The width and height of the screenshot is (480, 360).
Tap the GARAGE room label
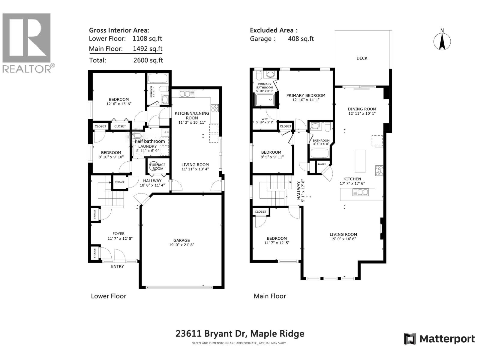(x=181, y=240)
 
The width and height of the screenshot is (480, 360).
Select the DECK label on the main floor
(x=362, y=58)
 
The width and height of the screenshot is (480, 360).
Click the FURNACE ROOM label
(x=158, y=166)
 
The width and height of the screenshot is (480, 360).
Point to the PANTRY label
(x=322, y=164)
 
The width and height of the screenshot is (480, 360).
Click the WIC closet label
(x=264, y=119)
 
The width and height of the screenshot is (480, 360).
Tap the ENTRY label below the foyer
(x=117, y=266)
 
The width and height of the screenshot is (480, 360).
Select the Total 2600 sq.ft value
(x=148, y=60)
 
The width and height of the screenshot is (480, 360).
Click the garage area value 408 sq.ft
(x=301, y=39)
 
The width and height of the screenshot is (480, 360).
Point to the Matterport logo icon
(x=410, y=339)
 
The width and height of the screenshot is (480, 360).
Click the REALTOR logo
(x=27, y=42)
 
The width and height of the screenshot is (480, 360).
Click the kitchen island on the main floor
(x=360, y=161)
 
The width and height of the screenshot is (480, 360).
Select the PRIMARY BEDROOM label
(x=305, y=95)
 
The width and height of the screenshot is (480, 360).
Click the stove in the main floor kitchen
(x=379, y=170)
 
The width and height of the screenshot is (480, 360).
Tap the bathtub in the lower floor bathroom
(x=158, y=79)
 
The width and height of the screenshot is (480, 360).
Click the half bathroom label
(x=150, y=141)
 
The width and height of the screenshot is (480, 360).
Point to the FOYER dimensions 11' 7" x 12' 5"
(x=120, y=238)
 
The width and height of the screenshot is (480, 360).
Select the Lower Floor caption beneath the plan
(x=109, y=296)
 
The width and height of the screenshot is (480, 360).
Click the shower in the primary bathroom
(x=265, y=100)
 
